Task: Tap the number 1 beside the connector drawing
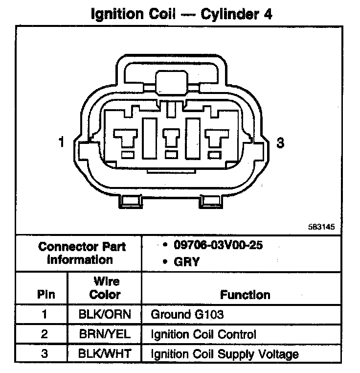(x=61, y=142)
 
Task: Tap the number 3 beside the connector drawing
(x=280, y=143)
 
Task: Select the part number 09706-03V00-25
(x=218, y=245)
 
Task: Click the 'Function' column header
(x=245, y=295)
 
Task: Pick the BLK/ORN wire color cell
(x=105, y=314)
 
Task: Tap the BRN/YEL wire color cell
(x=105, y=334)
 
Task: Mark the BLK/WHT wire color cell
(x=105, y=354)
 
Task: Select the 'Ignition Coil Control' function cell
(x=203, y=334)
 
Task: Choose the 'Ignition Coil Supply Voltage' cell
(x=225, y=354)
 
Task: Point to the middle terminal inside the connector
(x=171, y=139)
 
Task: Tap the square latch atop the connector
(x=170, y=81)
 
